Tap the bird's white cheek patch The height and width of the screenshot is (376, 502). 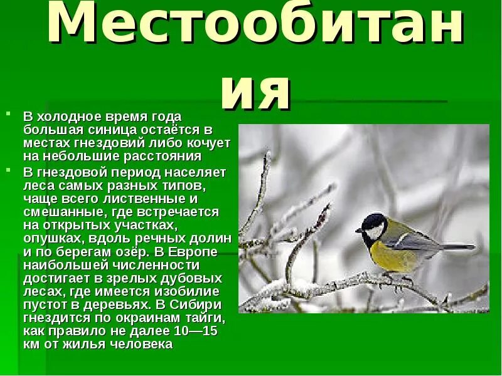click(x=375, y=231)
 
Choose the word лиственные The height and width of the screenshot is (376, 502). click(x=146, y=199)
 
